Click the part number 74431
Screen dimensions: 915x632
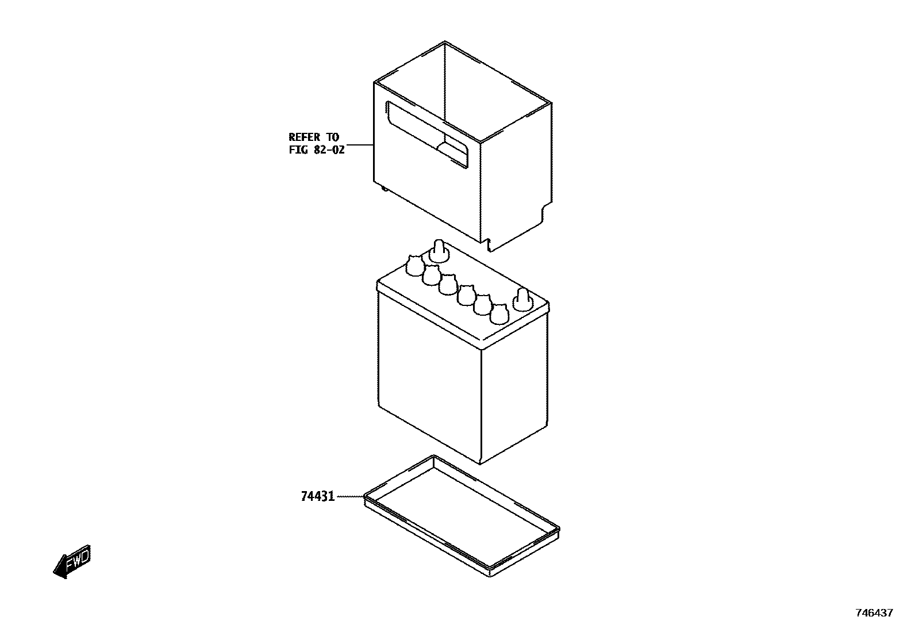[x=317, y=496]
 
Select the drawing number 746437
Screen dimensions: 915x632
[x=874, y=613]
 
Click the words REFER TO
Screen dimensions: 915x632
[x=314, y=137]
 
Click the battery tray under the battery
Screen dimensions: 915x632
[x=462, y=515]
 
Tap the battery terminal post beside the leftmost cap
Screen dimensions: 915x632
[x=439, y=251]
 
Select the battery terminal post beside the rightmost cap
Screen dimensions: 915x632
[x=522, y=298]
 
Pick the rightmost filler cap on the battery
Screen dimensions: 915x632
[x=499, y=314]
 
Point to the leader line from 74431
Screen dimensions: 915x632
[x=349, y=496]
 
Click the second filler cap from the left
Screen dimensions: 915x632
[x=431, y=275]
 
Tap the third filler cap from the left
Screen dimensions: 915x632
[x=448, y=284]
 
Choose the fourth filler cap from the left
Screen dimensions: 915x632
[x=466, y=294]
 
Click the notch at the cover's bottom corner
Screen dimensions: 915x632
[x=490, y=244]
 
